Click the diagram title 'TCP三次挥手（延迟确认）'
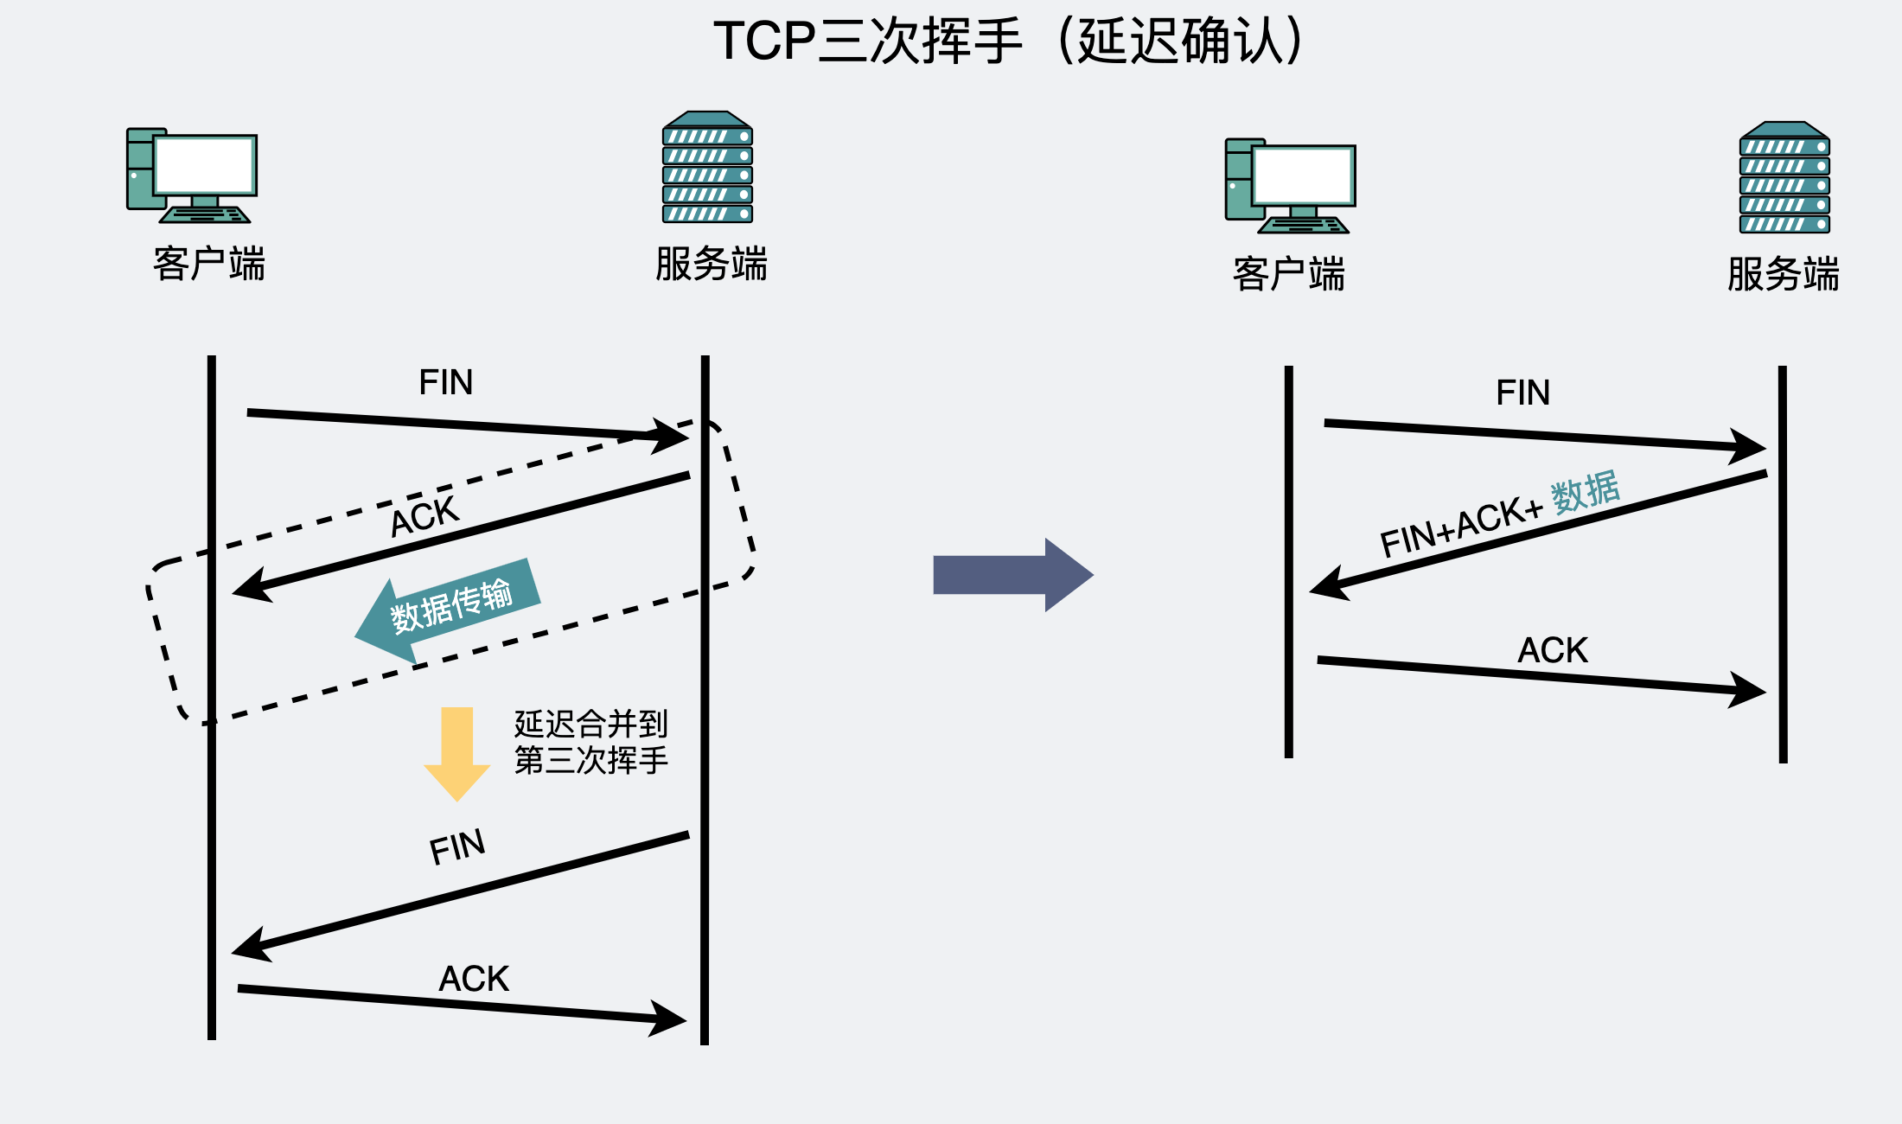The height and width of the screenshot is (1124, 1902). [1007, 41]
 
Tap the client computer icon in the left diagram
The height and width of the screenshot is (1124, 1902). [192, 176]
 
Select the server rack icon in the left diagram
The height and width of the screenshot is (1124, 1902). [707, 167]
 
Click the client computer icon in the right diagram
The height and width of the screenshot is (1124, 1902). [1290, 186]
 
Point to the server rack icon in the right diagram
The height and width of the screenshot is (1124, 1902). [1784, 177]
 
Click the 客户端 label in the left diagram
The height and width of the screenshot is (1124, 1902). [208, 264]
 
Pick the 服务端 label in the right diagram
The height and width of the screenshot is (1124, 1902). [1783, 274]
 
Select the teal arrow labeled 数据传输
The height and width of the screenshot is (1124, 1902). [448, 608]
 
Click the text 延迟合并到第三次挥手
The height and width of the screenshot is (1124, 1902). [590, 742]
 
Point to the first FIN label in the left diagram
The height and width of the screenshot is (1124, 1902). [445, 382]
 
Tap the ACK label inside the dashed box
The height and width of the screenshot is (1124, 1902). [424, 517]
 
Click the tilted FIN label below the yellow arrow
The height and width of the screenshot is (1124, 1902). [457, 847]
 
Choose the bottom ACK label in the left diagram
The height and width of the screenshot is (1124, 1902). [474, 979]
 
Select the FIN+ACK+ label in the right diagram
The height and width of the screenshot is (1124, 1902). [1461, 527]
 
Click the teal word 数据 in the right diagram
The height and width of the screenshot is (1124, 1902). [1585, 493]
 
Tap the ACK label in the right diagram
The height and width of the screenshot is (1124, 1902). [1553, 650]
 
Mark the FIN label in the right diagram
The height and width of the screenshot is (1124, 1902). [1522, 393]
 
